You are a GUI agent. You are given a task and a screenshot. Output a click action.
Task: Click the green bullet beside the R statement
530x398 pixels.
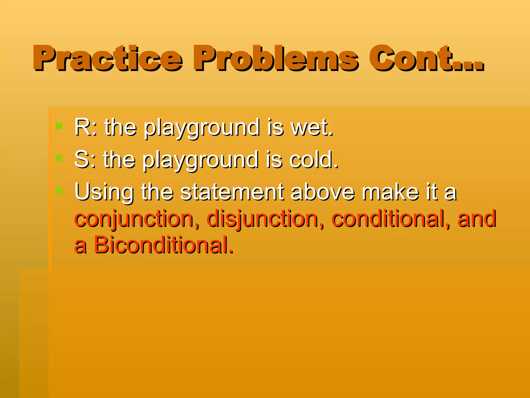tap(59, 126)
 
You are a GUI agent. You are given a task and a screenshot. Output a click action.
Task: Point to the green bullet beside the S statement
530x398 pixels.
tap(59, 158)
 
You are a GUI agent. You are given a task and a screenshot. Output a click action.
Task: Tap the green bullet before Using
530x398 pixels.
tap(59, 191)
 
